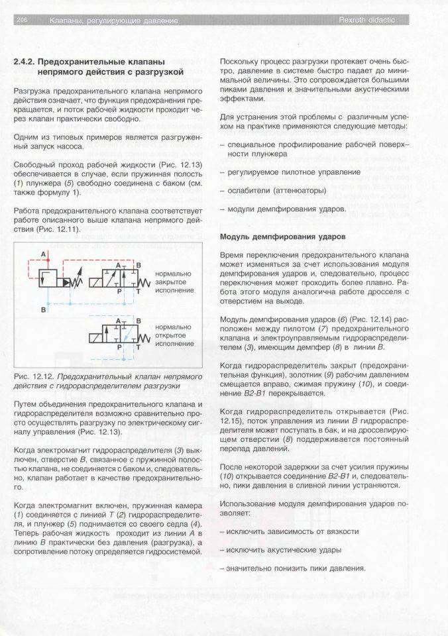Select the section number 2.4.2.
pos(26,62)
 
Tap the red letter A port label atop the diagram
pos(44,254)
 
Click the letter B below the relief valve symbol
pos(44,309)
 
